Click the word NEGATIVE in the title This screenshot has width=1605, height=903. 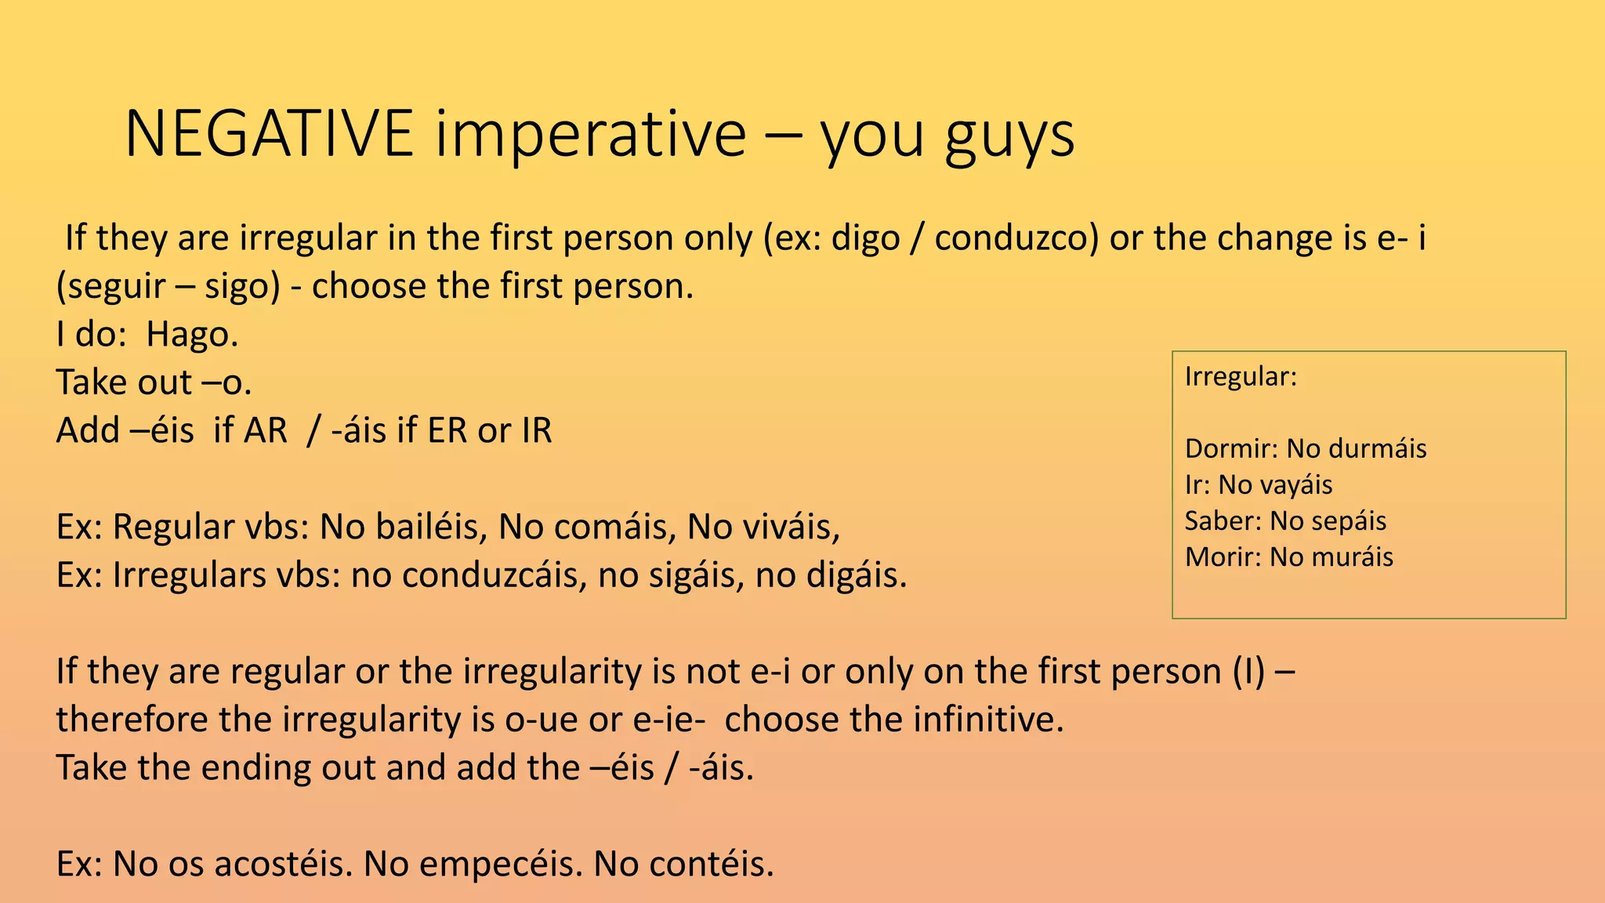click(x=269, y=134)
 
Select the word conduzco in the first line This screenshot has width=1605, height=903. click(x=1016, y=238)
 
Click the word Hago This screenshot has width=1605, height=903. click(x=192, y=335)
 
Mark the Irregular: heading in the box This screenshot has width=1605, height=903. click(x=1241, y=377)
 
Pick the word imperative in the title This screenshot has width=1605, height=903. click(x=591, y=134)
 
